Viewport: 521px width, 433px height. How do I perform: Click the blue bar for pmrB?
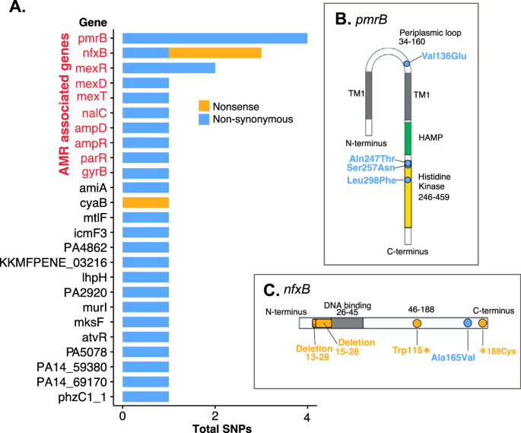click(214, 38)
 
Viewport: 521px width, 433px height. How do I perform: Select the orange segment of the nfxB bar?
click(214, 53)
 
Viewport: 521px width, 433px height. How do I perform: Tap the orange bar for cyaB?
click(145, 202)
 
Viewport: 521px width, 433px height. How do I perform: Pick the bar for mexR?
click(168, 68)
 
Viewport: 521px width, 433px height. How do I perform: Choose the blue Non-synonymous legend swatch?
click(205, 119)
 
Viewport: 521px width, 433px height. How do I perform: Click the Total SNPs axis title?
click(214, 426)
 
